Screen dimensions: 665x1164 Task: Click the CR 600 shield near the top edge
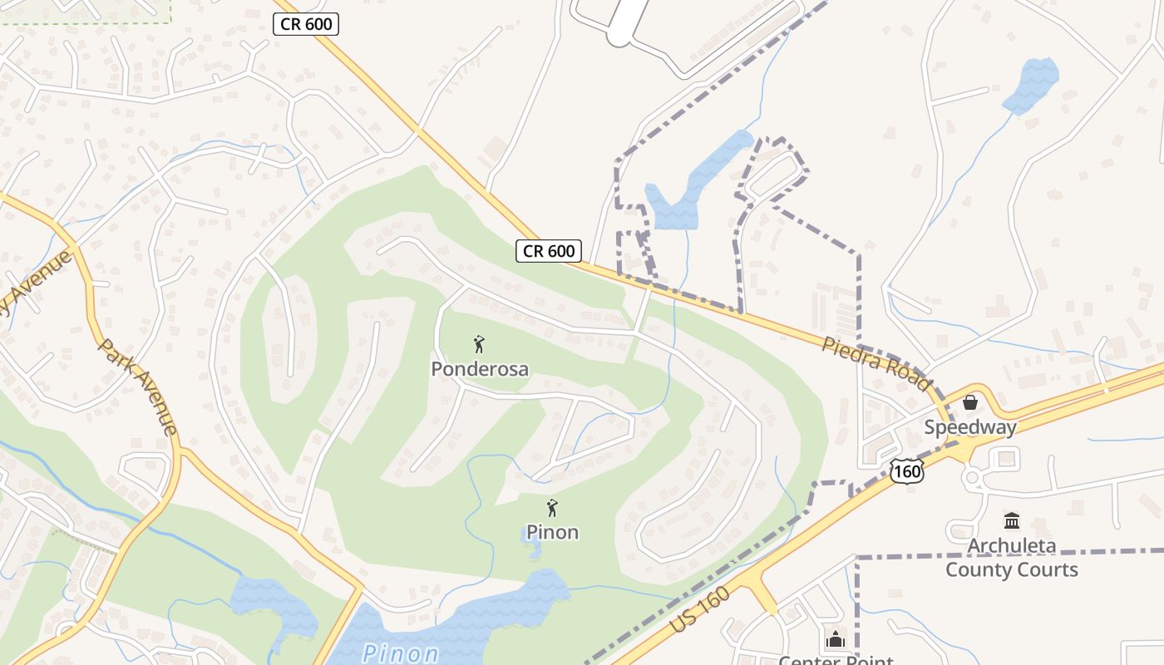click(x=306, y=24)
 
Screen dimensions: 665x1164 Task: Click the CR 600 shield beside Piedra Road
click(x=548, y=250)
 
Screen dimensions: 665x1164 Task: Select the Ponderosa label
click(x=480, y=369)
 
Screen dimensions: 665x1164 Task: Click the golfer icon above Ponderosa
click(x=479, y=343)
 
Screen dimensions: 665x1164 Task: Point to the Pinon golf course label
click(x=552, y=532)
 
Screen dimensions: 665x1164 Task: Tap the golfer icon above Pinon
click(x=552, y=507)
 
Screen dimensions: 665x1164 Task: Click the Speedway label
click(x=970, y=428)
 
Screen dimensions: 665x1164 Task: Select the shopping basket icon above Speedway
click(x=969, y=403)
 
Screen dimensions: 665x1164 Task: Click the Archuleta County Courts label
click(x=1012, y=558)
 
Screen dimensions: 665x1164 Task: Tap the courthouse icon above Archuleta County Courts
click(x=1012, y=521)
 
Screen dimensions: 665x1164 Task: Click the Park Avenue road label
click(x=138, y=387)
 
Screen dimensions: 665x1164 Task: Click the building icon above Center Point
click(x=835, y=639)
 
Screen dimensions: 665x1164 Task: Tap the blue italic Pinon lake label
click(x=401, y=653)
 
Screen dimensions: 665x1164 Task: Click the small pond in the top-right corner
click(x=1033, y=85)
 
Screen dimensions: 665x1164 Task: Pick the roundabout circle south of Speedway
click(x=971, y=478)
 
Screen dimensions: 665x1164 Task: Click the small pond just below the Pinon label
click(x=533, y=548)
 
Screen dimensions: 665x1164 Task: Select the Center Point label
click(x=835, y=660)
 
